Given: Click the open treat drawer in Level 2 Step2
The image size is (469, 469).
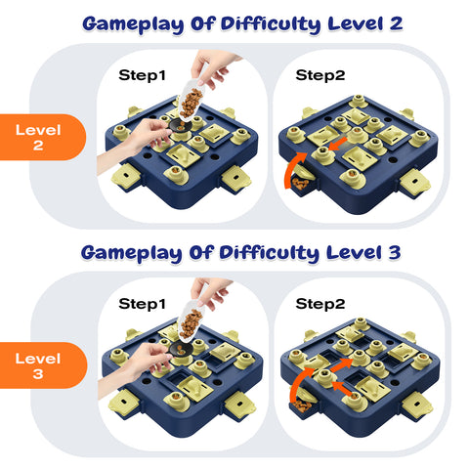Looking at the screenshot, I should pyautogui.click(x=304, y=183).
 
